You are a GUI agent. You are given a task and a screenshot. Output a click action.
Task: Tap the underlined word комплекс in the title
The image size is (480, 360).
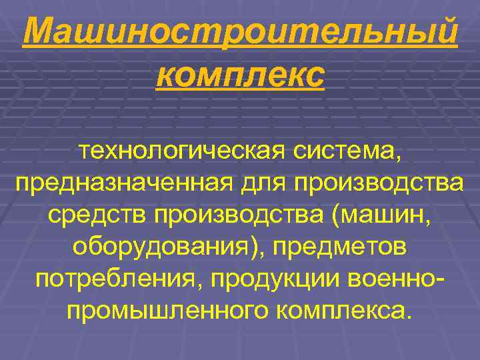(x=240, y=75)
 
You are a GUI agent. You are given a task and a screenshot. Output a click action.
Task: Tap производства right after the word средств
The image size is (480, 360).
(x=241, y=215)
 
